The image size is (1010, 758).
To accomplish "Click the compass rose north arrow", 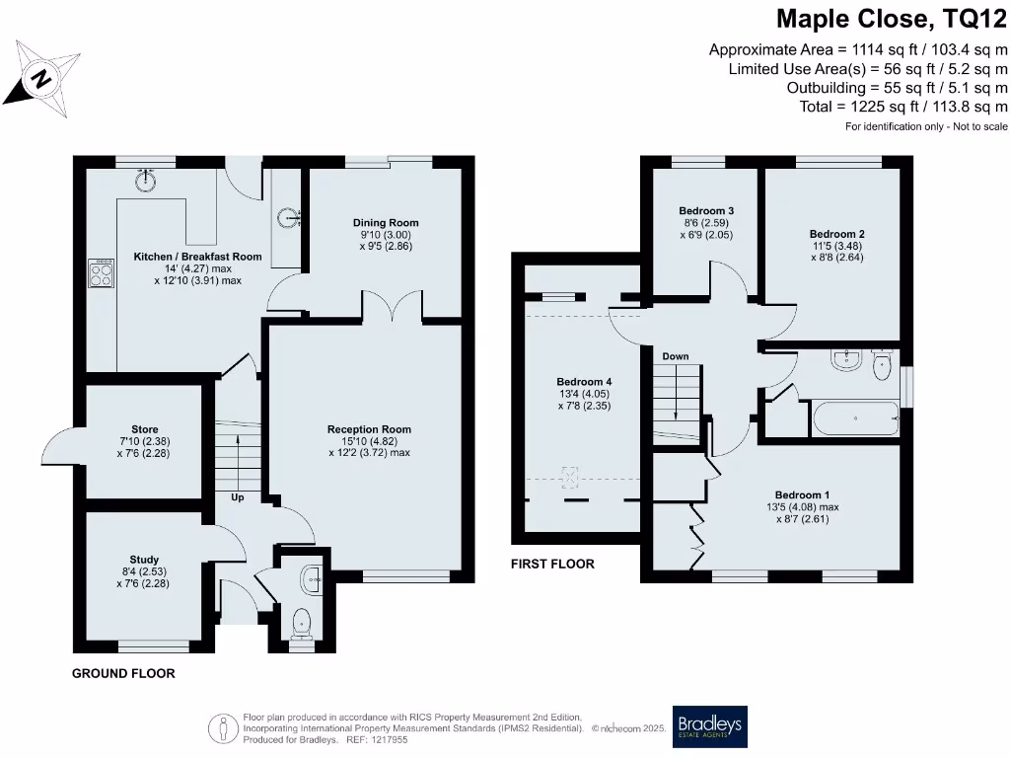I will click(40, 77).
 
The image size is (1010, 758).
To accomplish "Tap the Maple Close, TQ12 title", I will click(892, 19).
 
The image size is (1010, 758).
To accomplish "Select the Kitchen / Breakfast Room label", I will click(198, 257).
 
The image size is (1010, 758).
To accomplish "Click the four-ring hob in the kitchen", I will click(102, 271).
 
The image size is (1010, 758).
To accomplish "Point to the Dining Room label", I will click(386, 223).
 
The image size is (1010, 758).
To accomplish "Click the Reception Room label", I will click(369, 429).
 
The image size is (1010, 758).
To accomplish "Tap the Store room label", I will click(144, 429).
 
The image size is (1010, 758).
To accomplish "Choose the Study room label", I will click(144, 560).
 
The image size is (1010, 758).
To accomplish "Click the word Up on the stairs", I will click(238, 497).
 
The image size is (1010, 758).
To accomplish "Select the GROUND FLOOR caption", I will click(123, 674).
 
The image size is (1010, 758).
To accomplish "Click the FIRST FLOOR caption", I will click(552, 565).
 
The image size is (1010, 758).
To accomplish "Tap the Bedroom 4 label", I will click(577, 382).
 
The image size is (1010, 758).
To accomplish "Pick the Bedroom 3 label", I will click(706, 211).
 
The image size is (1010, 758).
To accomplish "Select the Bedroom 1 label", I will click(802, 494).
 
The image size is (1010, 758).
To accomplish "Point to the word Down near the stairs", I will click(676, 356).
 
